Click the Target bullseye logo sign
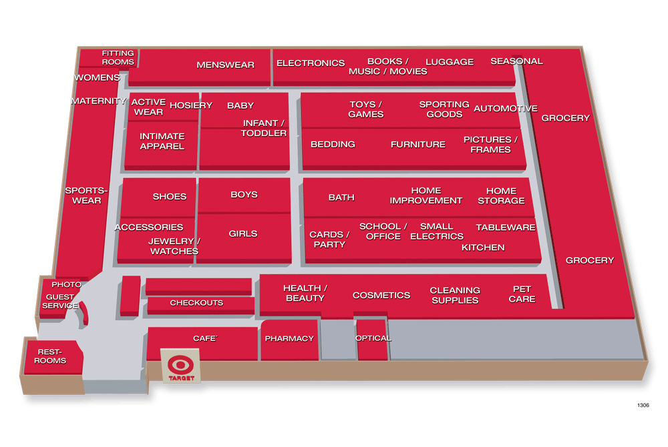point(181,368)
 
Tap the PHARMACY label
point(289,338)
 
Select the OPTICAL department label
point(373,338)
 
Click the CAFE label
point(205,338)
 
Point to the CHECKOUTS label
point(196,303)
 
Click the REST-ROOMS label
point(51,356)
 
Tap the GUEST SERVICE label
point(60,302)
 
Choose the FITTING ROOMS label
point(118,57)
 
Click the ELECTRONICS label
point(311,63)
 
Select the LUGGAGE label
point(450,62)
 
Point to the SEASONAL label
point(516,61)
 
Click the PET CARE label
point(522,294)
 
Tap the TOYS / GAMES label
point(366,109)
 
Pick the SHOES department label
point(170,197)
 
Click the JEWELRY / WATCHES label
point(173,246)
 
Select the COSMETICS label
point(381,295)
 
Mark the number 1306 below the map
point(643,405)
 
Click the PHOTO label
point(66,284)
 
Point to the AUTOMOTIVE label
point(505,108)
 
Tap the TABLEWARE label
point(506,228)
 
